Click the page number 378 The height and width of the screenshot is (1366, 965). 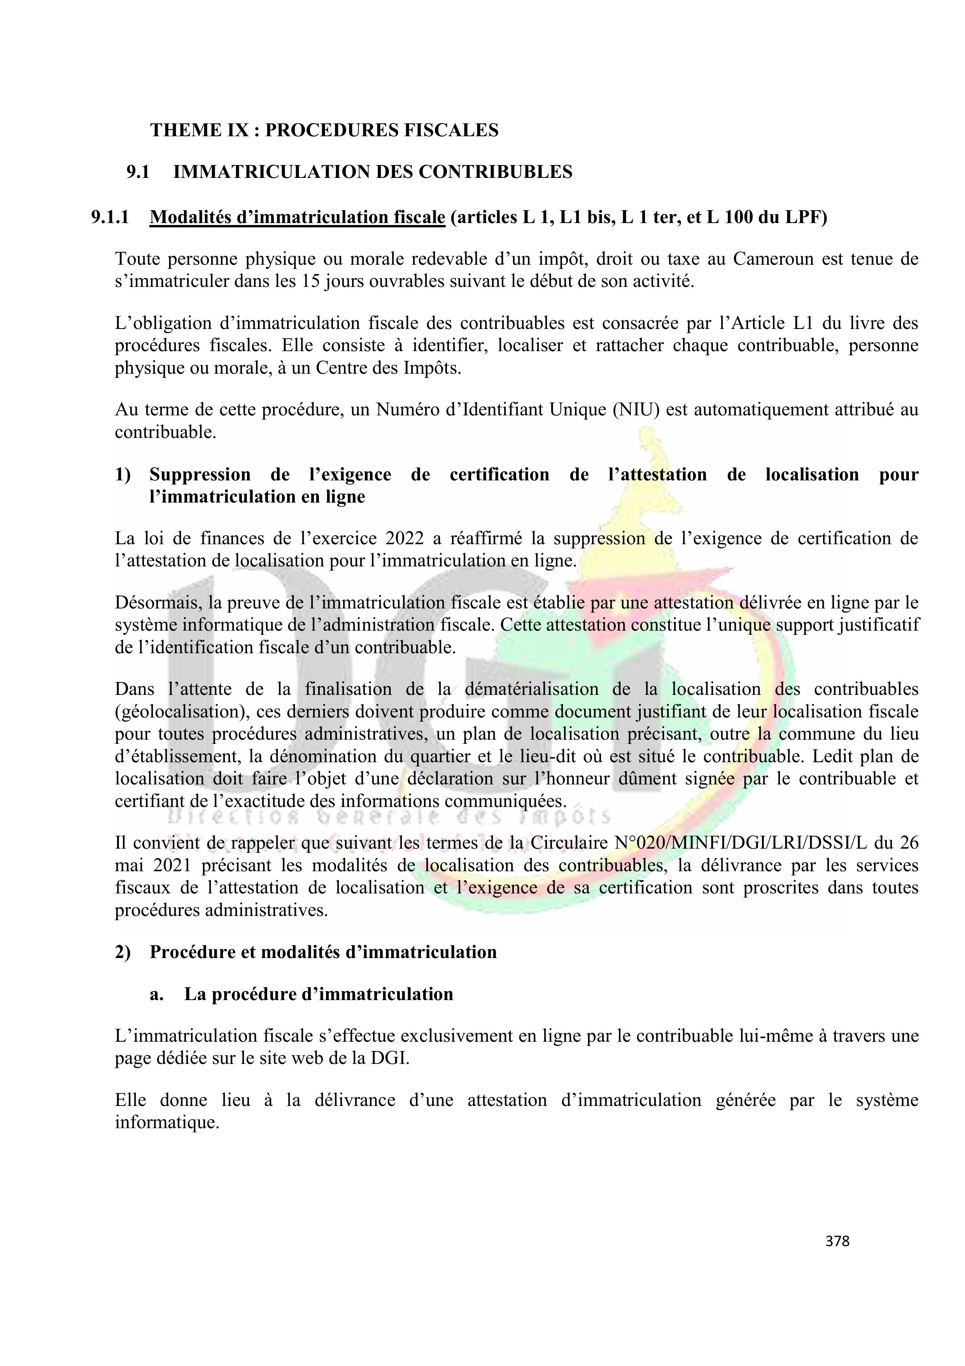click(837, 1241)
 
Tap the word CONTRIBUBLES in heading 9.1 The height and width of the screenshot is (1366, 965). click(495, 172)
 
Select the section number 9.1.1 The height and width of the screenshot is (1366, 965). click(110, 217)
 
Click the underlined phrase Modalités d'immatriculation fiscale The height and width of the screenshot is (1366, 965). click(297, 217)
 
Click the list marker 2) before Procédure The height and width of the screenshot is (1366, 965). click(123, 952)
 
